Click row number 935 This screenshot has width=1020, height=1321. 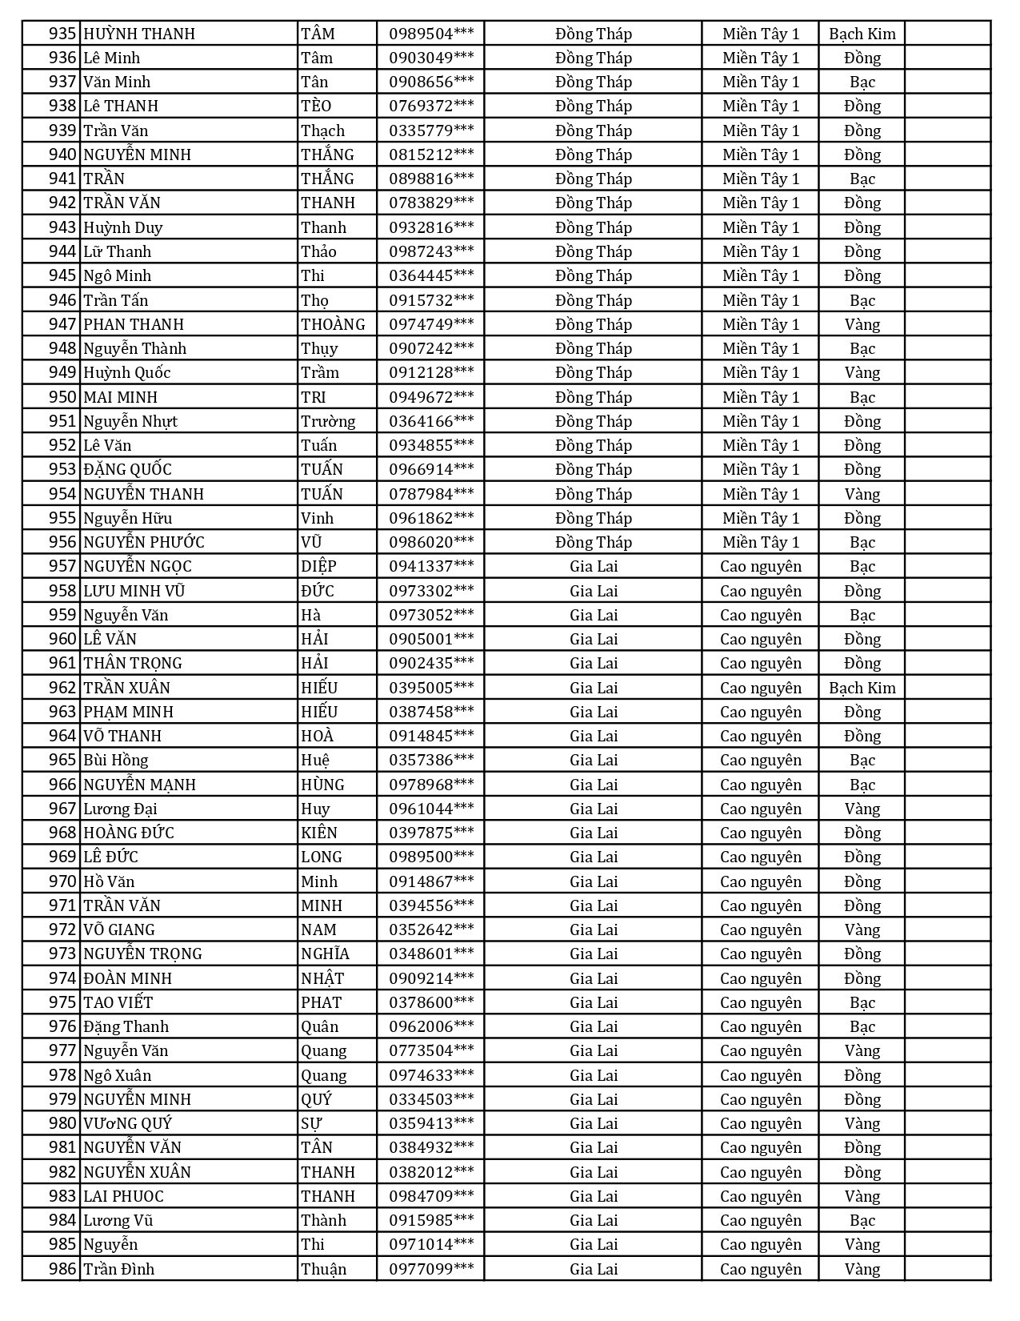tap(62, 34)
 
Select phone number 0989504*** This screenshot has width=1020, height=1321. tap(431, 34)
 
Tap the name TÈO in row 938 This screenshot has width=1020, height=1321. tap(316, 106)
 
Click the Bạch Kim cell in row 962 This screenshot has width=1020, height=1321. tap(862, 688)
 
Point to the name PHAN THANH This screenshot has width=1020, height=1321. tap(134, 324)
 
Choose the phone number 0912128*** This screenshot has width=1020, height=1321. tap(431, 372)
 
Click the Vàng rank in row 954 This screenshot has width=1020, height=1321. tap(862, 494)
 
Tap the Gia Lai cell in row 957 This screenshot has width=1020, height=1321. tap(594, 566)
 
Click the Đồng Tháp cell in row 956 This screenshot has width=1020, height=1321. tap(594, 542)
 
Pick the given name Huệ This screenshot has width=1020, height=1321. tap(315, 760)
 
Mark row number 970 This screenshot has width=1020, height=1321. tap(62, 881)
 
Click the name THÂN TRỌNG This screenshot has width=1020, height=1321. tap(133, 663)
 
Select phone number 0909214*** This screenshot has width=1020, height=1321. tap(431, 978)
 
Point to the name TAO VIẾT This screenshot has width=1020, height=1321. tap(118, 1002)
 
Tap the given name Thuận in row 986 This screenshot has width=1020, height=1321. tap(324, 1269)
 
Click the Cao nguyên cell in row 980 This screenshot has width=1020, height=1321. tap(760, 1123)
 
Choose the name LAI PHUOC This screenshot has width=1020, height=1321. tap(123, 1196)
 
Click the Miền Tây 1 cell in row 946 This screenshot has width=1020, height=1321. tap(760, 300)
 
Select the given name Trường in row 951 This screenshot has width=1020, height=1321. tap(328, 421)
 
